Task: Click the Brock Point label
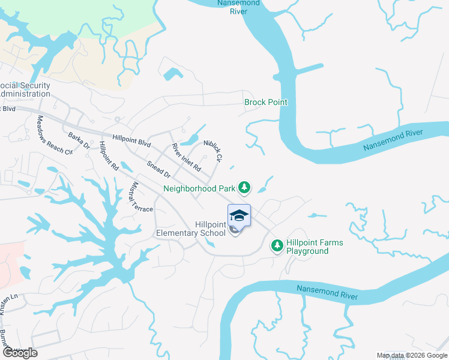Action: coord(265,102)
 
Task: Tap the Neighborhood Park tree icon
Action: coord(244,188)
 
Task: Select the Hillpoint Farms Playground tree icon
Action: coord(277,245)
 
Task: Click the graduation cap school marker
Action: coord(239,215)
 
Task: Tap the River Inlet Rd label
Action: coord(185,155)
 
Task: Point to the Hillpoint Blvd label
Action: coord(127,140)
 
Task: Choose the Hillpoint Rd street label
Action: coord(109,156)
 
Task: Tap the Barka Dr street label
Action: coord(79,141)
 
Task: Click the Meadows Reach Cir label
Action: coord(55,136)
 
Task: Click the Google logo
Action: coord(20,353)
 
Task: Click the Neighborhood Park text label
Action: coord(199,188)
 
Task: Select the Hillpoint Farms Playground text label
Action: coord(315,247)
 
